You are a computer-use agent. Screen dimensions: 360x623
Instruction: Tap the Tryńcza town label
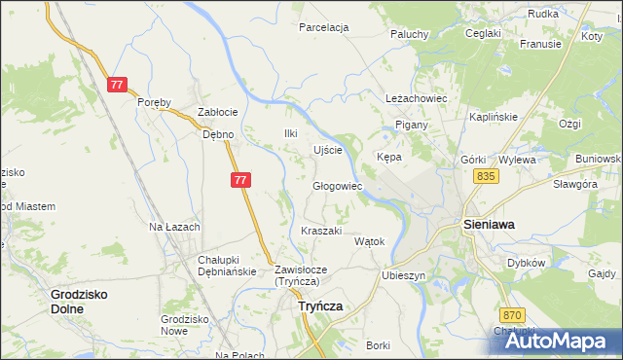317,306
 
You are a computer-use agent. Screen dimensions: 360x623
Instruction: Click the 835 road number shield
488,175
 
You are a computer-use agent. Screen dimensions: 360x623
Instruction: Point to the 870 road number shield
514,315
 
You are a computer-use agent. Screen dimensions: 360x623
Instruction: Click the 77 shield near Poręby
117,86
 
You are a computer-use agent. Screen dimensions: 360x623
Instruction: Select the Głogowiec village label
337,186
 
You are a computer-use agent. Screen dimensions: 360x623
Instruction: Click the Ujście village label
326,150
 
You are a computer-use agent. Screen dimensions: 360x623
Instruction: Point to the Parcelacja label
324,27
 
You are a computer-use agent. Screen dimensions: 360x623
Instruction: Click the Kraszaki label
321,231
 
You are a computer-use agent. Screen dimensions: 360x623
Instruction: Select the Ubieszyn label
404,275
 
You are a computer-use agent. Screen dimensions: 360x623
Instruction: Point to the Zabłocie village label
218,111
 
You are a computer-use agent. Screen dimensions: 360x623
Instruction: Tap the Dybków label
526,263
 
